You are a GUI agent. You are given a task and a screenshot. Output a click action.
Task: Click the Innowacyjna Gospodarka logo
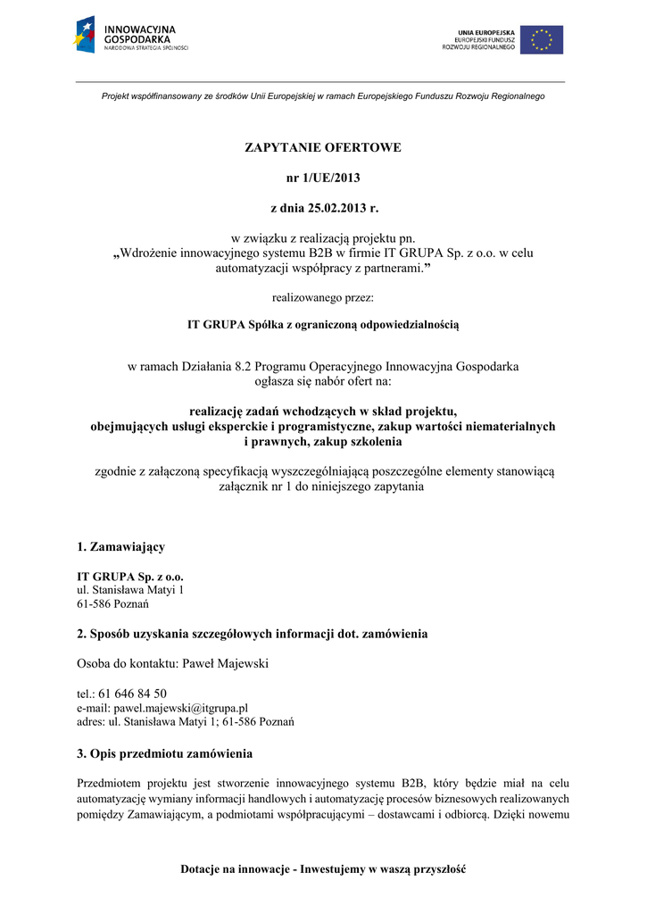pyautogui.click(x=131, y=35)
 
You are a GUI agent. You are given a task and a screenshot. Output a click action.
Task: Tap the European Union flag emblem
pyautogui.click(x=542, y=39)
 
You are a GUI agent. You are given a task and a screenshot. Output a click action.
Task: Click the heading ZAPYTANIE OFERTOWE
pyautogui.click(x=323, y=147)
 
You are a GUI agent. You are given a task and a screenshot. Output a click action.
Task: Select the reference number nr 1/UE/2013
pyautogui.click(x=323, y=178)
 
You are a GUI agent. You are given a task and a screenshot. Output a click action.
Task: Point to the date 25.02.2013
pyautogui.click(x=329, y=208)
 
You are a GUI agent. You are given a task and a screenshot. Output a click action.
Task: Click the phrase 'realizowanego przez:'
pyautogui.click(x=323, y=297)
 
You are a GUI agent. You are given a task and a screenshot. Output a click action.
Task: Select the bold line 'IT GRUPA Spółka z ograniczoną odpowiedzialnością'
pyautogui.click(x=323, y=325)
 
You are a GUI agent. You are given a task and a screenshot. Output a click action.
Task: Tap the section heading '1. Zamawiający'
pyautogui.click(x=120, y=546)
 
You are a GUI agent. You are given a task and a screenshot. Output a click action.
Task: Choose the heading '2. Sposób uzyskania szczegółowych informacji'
pyautogui.click(x=253, y=634)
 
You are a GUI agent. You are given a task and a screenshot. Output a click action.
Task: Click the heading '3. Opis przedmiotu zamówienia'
pyautogui.click(x=165, y=753)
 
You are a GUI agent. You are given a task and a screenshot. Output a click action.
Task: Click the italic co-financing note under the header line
pyautogui.click(x=323, y=96)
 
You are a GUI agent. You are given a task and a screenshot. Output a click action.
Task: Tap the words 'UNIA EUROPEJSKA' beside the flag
pyautogui.click(x=486, y=32)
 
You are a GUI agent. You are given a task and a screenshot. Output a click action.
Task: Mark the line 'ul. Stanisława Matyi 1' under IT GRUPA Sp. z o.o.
pyautogui.click(x=131, y=590)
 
